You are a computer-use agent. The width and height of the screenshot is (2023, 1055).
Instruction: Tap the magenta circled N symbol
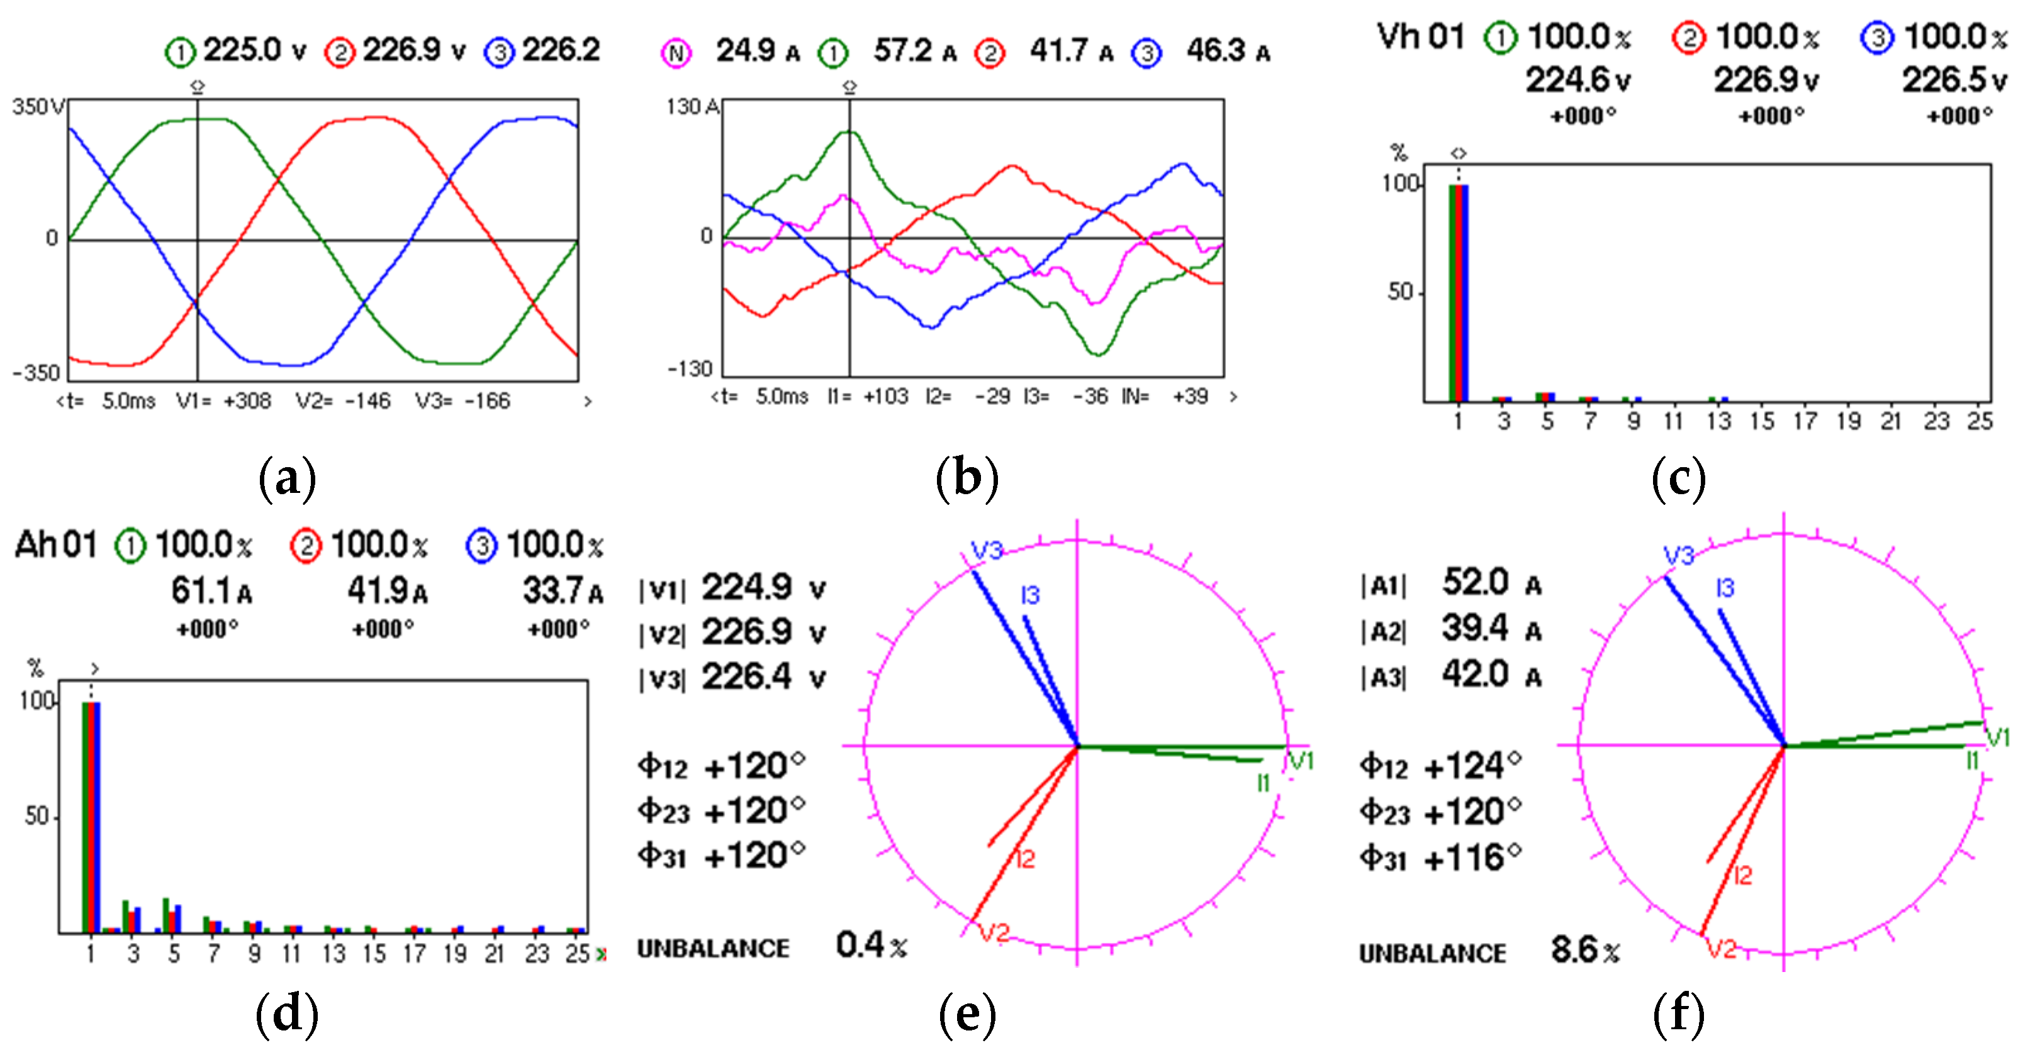[676, 53]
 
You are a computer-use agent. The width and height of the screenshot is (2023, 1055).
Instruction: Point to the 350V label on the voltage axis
[38, 107]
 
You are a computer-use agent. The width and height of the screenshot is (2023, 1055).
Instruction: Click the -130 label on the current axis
[689, 369]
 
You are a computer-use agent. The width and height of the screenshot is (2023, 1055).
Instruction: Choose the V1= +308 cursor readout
[224, 401]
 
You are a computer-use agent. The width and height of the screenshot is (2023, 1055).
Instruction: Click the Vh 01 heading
[1421, 37]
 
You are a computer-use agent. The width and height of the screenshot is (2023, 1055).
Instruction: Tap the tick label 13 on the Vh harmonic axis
[1718, 421]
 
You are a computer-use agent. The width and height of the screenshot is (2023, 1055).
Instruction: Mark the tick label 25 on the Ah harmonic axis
[577, 954]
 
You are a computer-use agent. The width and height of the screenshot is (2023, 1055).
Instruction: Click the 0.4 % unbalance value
[871, 946]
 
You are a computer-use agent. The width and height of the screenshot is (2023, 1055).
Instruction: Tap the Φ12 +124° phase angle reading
[1440, 766]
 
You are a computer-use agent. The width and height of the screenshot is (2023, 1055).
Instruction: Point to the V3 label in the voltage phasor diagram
[987, 550]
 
